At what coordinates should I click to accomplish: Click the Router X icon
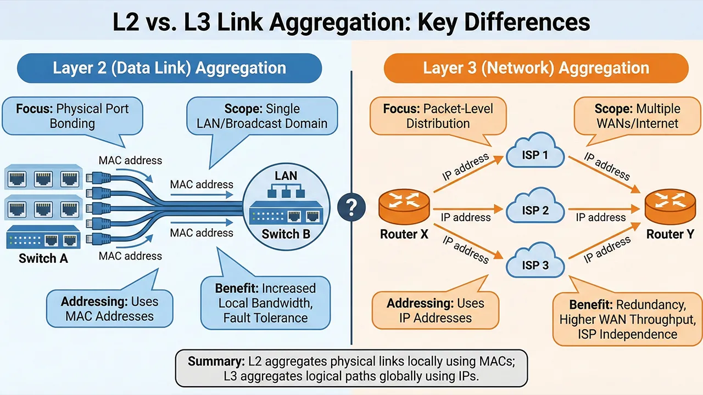tap(404, 207)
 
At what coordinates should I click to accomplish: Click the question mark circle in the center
tap(351, 207)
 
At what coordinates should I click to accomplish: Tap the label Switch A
tap(43, 258)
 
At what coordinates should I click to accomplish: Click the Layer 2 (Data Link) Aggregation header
tap(169, 69)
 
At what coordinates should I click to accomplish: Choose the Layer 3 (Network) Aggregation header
tap(535, 69)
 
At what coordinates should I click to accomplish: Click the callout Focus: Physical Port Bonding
tap(72, 115)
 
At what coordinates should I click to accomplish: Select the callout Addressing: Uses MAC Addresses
tap(109, 308)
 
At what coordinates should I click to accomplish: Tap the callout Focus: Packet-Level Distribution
tap(438, 116)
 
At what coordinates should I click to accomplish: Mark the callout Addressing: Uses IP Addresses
tap(435, 310)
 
